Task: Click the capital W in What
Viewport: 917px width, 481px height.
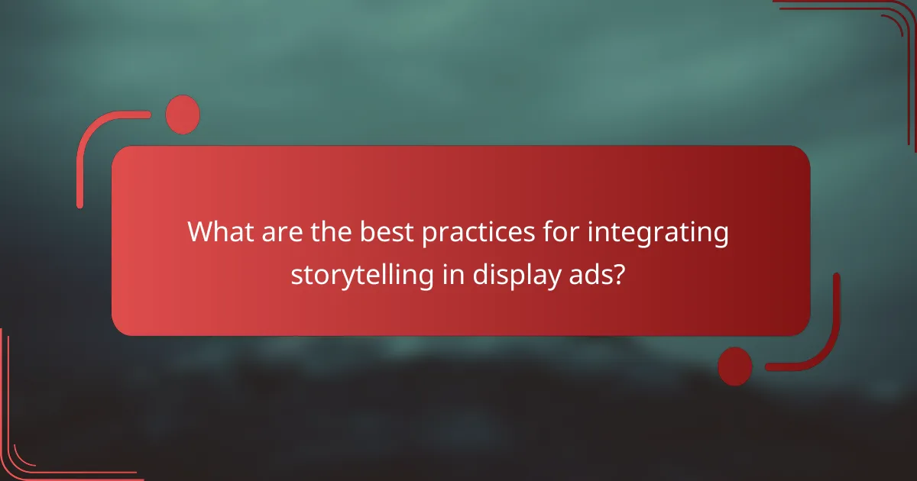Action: point(202,232)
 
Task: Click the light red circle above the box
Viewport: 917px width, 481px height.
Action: point(183,115)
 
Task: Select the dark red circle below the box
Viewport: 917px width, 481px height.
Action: point(735,366)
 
